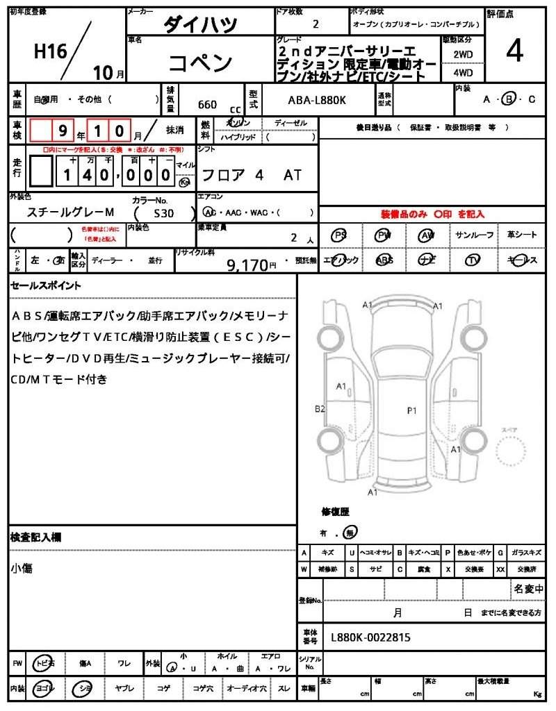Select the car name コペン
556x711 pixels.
coord(201,63)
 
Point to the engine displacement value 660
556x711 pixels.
coord(207,105)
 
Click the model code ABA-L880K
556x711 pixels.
coord(317,100)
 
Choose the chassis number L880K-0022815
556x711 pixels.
coord(371,636)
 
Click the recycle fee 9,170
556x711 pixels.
coord(247,265)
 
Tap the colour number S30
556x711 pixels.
coord(165,214)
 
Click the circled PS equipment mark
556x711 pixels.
coord(339,235)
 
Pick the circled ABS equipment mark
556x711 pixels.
coord(384,260)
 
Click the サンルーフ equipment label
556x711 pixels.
coord(475,235)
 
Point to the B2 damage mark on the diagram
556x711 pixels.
coord(320,409)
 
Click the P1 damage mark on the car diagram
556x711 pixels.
coord(411,410)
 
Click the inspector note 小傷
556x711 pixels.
coord(22,569)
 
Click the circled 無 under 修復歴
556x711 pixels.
coord(351,533)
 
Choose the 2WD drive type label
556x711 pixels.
coord(464,53)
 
